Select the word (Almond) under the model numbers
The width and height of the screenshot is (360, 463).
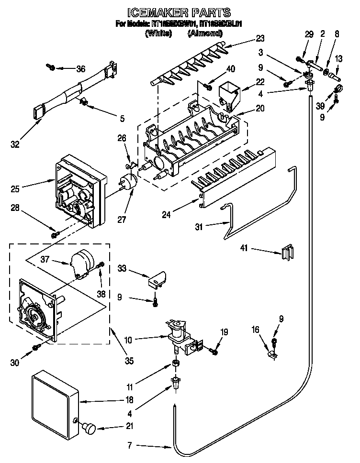tap(205, 33)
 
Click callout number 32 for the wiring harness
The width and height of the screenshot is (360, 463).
tap(15, 144)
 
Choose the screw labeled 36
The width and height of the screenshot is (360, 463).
tap(51, 67)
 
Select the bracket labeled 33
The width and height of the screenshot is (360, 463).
tap(157, 280)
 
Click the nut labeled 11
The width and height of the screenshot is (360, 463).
tap(175, 365)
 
